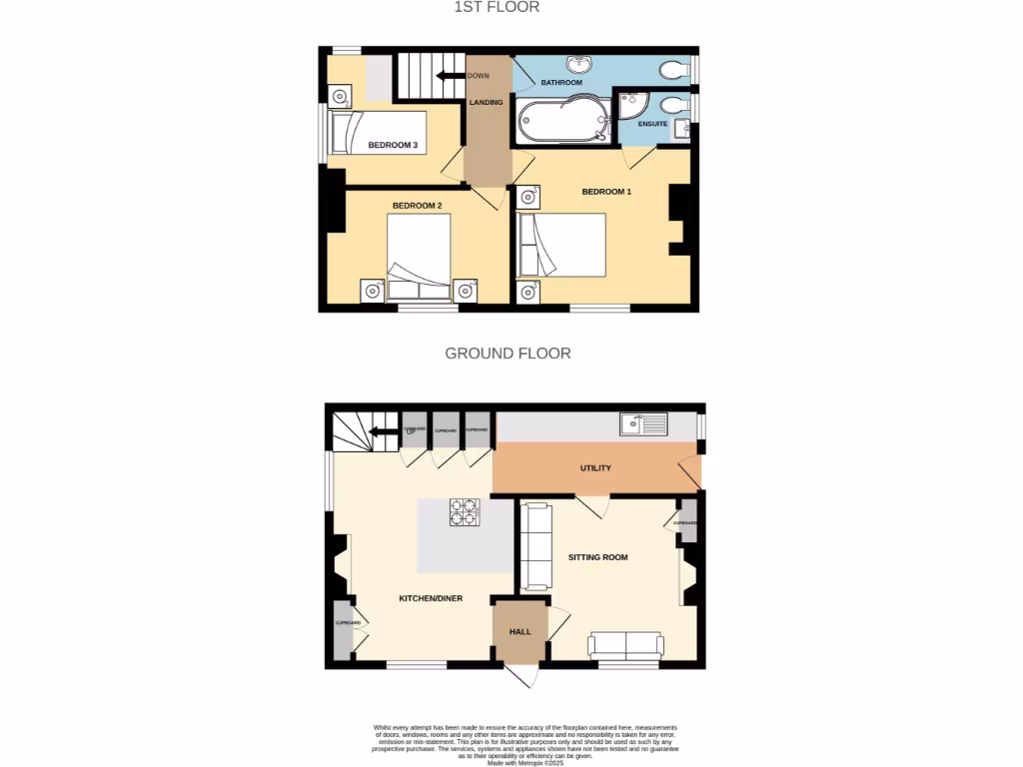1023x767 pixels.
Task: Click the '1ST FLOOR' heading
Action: click(x=497, y=7)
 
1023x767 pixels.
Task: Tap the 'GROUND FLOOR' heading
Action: click(x=508, y=354)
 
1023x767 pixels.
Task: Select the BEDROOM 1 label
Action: click(x=606, y=192)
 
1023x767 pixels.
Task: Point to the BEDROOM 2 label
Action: click(x=417, y=206)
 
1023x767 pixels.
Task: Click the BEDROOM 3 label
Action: click(x=393, y=146)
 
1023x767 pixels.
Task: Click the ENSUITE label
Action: click(x=652, y=124)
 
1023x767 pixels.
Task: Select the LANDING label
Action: click(x=486, y=103)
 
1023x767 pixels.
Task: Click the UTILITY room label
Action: click(x=595, y=467)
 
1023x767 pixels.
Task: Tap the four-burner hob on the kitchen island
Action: click(x=465, y=511)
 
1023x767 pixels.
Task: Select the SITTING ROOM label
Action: click(x=597, y=557)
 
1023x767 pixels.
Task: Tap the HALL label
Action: click(x=520, y=632)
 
